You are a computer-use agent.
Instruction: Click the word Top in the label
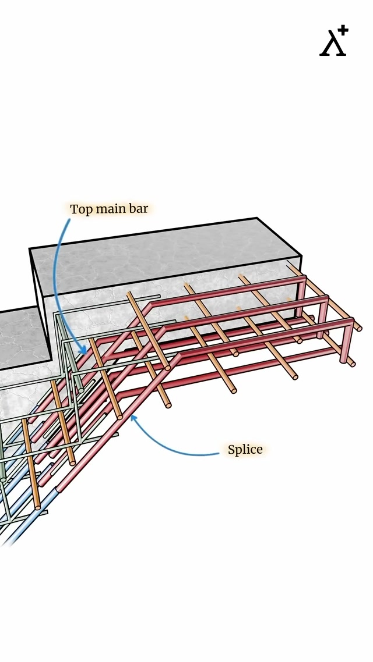(x=82, y=209)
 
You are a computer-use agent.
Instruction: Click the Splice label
(x=245, y=450)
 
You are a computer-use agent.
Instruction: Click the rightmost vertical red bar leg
(x=348, y=343)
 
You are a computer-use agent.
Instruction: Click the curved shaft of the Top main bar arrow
(x=57, y=273)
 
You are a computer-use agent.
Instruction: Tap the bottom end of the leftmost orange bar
(x=38, y=507)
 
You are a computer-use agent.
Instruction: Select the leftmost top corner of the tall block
(x=30, y=250)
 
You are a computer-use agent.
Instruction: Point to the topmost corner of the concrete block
(x=256, y=219)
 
